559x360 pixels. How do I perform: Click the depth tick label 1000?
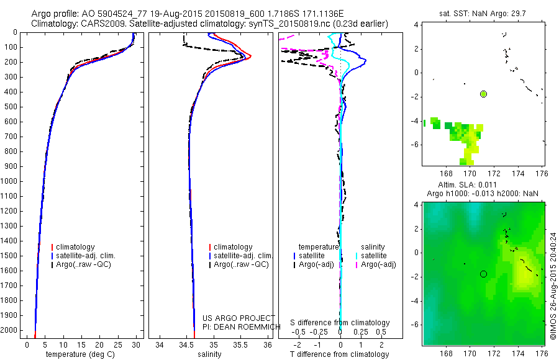tap(9, 181)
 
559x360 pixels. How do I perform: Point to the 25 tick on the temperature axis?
tap(117, 344)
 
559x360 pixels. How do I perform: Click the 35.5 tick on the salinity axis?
tap(240, 344)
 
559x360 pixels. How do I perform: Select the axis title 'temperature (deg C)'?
tap(80, 354)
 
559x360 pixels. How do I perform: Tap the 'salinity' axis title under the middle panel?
tap(209, 354)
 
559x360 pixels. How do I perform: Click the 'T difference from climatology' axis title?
tap(339, 354)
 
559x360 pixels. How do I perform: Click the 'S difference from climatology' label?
tap(340, 323)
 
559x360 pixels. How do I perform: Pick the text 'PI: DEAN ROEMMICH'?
tap(242, 327)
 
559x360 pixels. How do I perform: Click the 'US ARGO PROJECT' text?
tap(239, 318)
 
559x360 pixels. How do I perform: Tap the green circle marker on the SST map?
tap(483, 94)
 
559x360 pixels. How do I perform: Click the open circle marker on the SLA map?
tap(483, 274)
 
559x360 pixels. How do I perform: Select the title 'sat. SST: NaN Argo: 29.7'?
tap(483, 14)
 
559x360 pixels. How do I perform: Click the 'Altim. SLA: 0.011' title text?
tap(467, 184)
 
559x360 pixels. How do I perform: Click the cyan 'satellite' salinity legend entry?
tap(371, 256)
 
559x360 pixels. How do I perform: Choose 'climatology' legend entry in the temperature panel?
tap(73, 247)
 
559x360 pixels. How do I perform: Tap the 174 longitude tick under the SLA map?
tap(518, 353)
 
